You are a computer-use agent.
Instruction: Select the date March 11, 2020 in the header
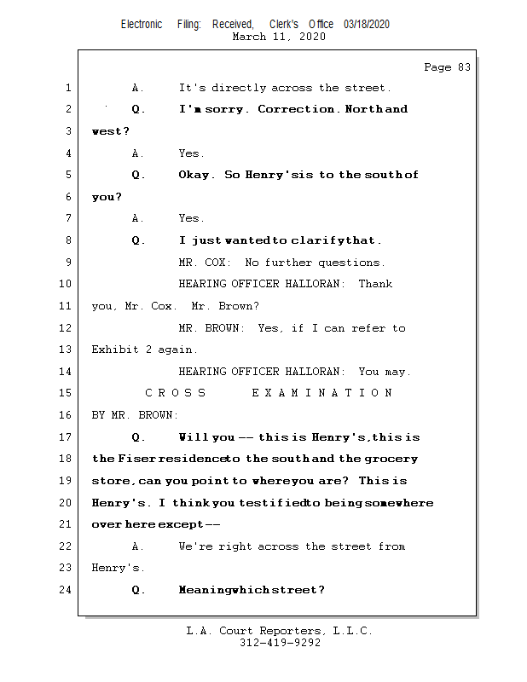pyautogui.click(x=278, y=37)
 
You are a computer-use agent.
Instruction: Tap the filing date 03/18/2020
pyautogui.click(x=367, y=24)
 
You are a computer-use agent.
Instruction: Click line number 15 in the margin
pyautogui.click(x=67, y=393)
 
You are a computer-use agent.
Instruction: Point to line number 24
pyautogui.click(x=67, y=590)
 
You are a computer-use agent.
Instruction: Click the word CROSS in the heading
pyautogui.click(x=176, y=393)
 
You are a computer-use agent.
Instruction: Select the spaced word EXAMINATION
pyautogui.click(x=322, y=393)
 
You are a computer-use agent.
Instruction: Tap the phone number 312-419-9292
pyautogui.click(x=280, y=643)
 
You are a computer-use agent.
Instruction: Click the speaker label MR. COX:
pyautogui.click(x=201, y=263)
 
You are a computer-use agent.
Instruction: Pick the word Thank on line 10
pyautogui.click(x=375, y=284)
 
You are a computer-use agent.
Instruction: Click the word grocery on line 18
pyautogui.click(x=391, y=459)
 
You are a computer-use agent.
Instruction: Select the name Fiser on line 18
pyautogui.click(x=136, y=459)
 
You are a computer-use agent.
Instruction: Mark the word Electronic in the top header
pyautogui.click(x=142, y=24)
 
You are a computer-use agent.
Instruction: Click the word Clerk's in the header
pyautogui.click(x=284, y=24)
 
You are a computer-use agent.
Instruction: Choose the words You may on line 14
pyautogui.click(x=385, y=372)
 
